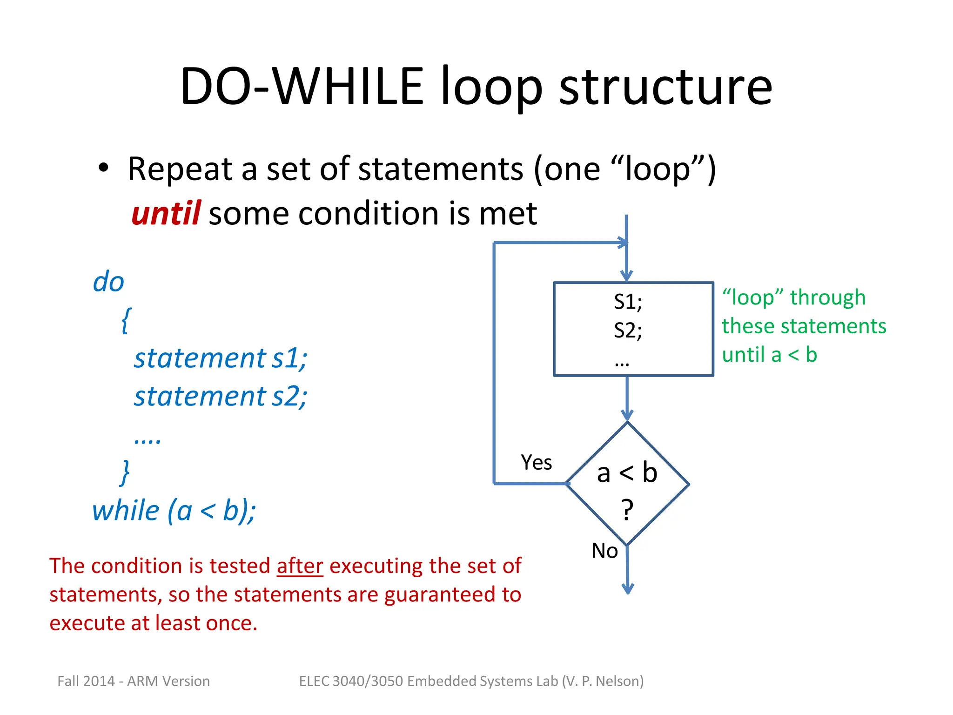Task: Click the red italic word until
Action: point(166,214)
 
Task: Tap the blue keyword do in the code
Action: point(108,282)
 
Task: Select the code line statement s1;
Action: point(221,358)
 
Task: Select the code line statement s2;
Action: point(221,397)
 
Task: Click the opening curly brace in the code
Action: point(126,320)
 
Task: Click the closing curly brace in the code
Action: point(125,472)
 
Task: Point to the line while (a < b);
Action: point(174,511)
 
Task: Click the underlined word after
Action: point(300,566)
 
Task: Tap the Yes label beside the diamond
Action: point(536,462)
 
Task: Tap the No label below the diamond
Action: point(604,551)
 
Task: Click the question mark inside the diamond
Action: point(627,509)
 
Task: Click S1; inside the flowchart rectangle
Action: point(627,302)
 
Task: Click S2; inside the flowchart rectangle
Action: point(627,331)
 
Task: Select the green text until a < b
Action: point(769,355)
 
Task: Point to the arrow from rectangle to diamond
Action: point(627,398)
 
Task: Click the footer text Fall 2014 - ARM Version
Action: point(134,681)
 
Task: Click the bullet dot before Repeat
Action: point(103,168)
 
